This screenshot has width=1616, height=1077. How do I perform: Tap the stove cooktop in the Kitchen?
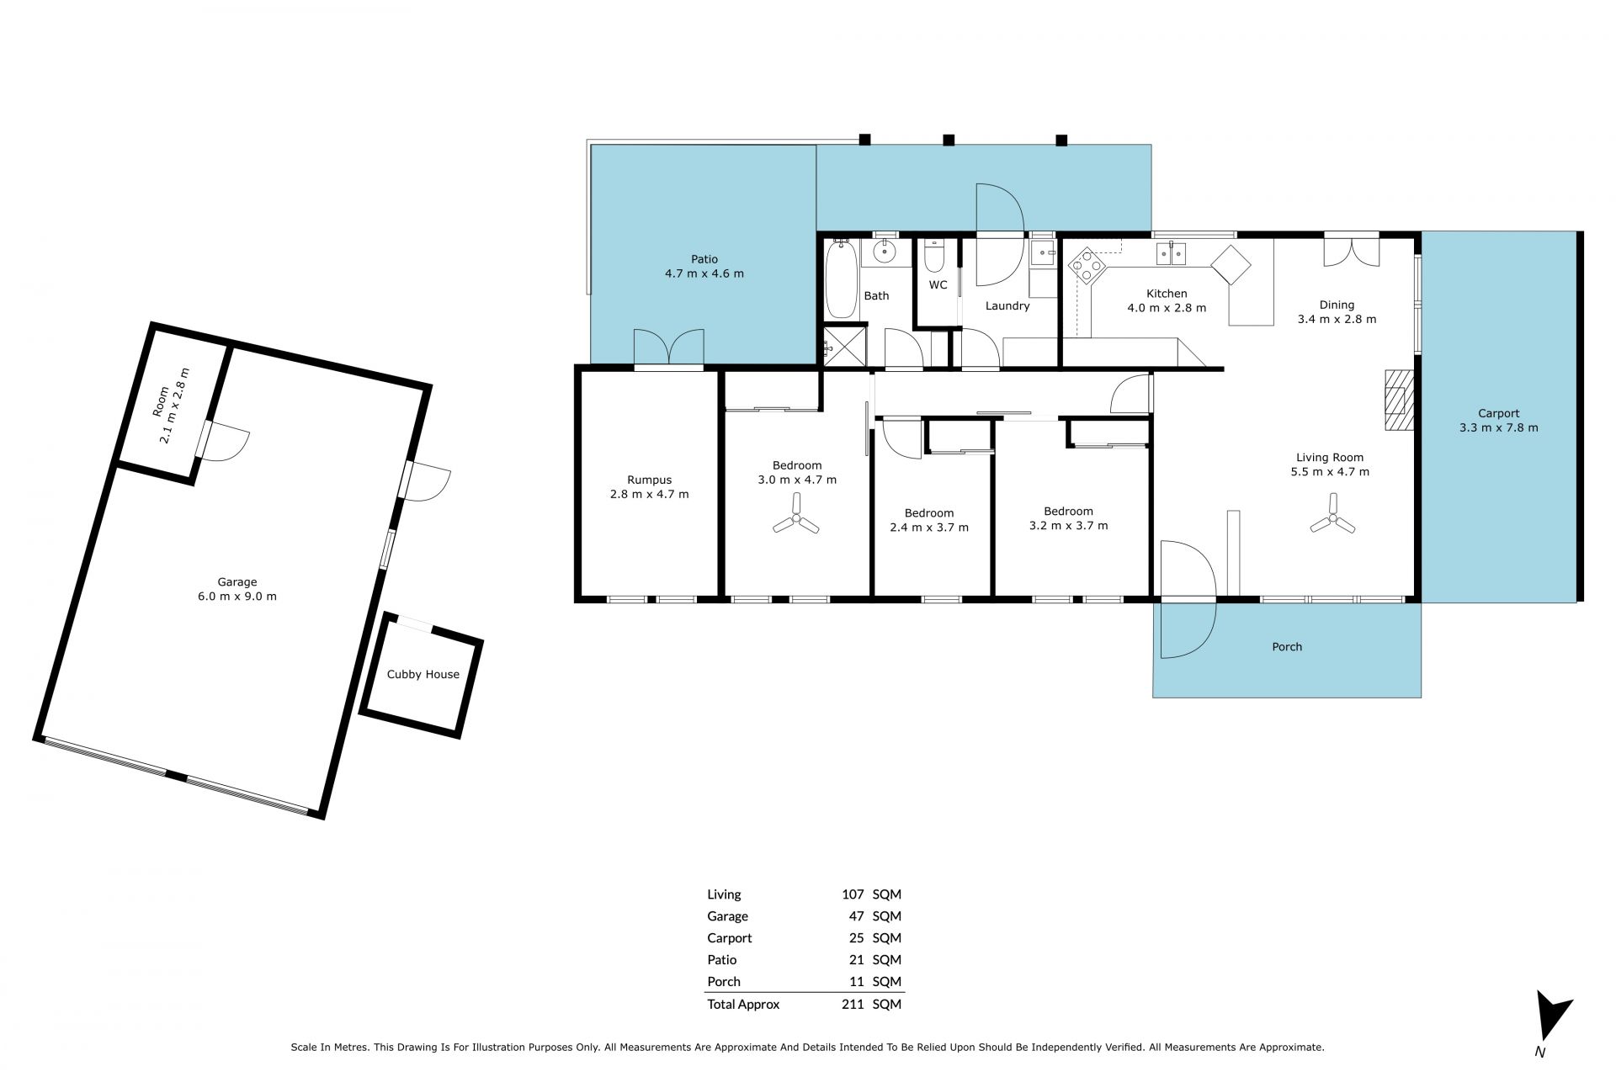(x=1087, y=265)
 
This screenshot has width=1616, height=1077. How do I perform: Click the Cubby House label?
(x=423, y=674)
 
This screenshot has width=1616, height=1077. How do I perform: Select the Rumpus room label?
(x=649, y=480)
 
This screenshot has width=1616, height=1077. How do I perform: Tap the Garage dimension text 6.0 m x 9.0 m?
(x=237, y=597)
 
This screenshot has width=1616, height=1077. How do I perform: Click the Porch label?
(x=1287, y=647)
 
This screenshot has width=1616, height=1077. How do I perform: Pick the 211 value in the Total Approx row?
(x=853, y=1004)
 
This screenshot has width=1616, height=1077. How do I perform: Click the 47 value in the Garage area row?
(x=857, y=916)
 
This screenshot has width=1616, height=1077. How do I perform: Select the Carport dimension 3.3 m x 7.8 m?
(x=1498, y=427)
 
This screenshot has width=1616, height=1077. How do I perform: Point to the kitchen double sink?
(x=1172, y=253)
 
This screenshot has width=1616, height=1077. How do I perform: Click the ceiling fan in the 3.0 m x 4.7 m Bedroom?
(x=795, y=524)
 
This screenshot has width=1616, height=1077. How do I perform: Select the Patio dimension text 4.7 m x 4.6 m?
(x=704, y=273)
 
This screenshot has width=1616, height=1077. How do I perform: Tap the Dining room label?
(x=1337, y=305)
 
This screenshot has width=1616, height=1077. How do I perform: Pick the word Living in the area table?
(x=724, y=894)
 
